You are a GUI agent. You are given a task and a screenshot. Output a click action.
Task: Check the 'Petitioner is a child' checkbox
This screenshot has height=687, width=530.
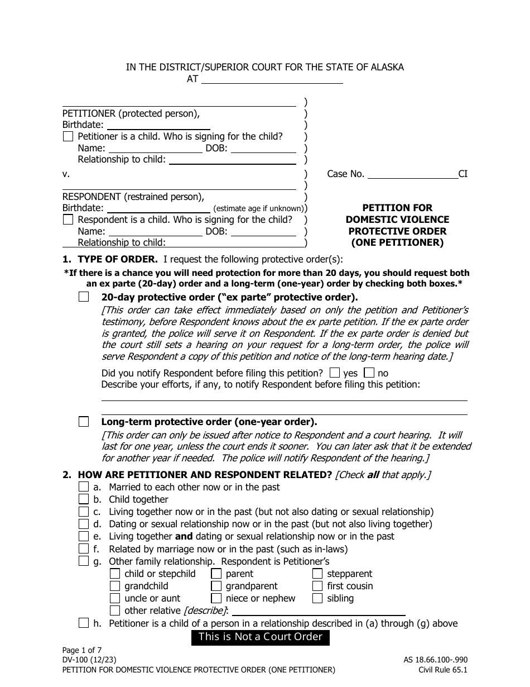coord(68,136)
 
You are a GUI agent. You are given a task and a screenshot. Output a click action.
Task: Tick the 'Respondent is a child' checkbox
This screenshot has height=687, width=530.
coord(68,220)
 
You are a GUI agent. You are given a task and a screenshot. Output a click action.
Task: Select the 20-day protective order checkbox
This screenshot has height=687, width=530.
coord(84,297)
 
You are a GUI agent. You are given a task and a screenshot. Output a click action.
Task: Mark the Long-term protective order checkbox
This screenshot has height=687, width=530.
coord(84,422)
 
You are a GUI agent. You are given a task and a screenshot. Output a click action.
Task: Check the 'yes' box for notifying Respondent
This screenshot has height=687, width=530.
coord(335,373)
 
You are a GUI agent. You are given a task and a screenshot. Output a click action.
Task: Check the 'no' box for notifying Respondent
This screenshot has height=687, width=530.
coord(369,373)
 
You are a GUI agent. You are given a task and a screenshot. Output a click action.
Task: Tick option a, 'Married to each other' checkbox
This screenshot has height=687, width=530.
coord(84,487)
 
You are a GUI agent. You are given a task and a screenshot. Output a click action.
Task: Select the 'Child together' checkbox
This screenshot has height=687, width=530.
coord(84,499)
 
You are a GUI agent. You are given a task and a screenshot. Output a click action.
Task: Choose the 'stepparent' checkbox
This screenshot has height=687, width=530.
coord(317,574)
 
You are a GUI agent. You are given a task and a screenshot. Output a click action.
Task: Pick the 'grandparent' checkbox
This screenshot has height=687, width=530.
coord(216,586)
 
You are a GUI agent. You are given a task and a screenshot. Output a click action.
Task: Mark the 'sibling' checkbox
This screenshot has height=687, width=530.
coord(317,598)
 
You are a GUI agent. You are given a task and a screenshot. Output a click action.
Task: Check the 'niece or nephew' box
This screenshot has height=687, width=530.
coord(216,598)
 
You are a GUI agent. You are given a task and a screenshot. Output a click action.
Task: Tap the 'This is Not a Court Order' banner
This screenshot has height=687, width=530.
coord(261,637)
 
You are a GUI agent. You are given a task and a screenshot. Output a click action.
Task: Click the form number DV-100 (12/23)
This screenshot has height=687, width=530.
coord(89,660)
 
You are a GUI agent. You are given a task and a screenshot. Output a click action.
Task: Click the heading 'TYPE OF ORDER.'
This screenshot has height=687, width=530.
coord(118,259)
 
